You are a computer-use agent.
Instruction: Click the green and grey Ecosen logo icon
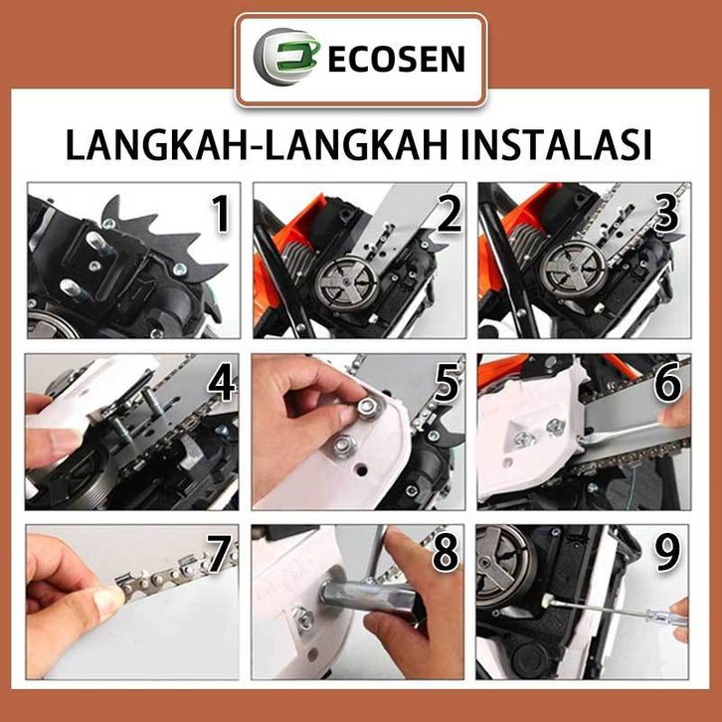286,57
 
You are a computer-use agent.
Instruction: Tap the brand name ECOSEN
396,59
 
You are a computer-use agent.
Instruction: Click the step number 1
221,214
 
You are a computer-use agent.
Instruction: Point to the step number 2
449,214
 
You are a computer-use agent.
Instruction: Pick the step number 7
220,554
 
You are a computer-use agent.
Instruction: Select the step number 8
446,554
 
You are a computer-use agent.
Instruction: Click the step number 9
667,554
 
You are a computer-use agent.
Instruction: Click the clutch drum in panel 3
572,270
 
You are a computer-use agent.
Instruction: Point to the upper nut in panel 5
367,406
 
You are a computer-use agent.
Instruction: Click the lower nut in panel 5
342,445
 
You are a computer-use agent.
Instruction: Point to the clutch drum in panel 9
503,565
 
